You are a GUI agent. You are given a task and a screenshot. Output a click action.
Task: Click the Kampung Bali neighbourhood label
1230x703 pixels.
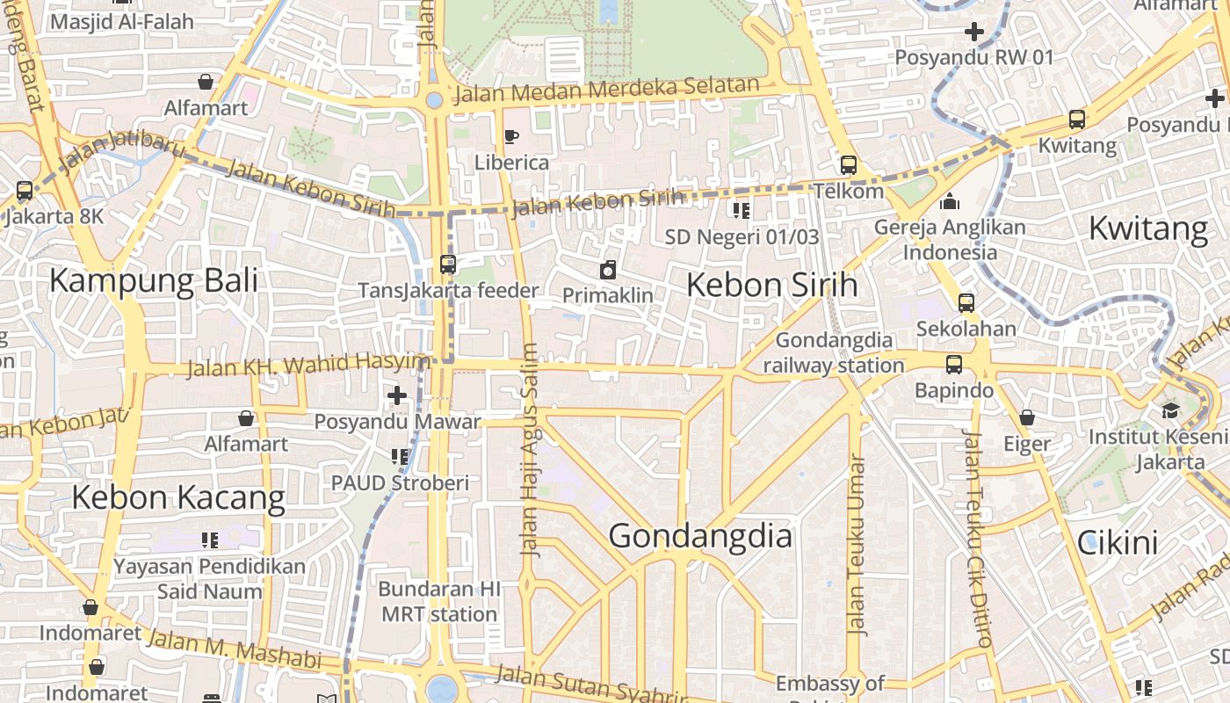154,281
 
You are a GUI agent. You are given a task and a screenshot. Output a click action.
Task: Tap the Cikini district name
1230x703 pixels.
1118,543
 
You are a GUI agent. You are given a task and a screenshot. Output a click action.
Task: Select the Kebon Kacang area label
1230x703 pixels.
178,497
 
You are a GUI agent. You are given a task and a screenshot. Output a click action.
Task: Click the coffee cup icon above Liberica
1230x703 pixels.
511,136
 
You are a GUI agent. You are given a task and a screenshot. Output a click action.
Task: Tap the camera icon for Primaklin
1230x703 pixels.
607,270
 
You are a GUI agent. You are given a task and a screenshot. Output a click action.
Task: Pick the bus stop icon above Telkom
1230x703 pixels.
848,164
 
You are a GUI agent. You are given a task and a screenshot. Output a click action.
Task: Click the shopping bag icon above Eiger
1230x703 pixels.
1026,417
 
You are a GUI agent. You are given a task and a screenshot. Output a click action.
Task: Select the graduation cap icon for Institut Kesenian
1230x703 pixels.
1170,410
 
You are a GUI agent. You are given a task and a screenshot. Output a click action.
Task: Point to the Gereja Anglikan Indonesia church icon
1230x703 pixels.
949,201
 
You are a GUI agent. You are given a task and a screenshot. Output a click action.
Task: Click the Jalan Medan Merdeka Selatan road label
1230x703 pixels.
605,90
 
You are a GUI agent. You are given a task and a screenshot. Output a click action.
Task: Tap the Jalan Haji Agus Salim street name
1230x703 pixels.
530,448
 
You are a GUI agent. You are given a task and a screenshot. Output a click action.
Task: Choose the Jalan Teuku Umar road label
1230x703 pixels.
857,545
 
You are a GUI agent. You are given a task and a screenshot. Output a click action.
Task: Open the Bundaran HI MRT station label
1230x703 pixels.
439,601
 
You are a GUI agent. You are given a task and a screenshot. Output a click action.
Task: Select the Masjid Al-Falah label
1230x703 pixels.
121,21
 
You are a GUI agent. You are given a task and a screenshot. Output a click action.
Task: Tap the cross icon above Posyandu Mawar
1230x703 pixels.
397,395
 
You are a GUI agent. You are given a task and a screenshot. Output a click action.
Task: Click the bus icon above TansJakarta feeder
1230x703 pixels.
447,264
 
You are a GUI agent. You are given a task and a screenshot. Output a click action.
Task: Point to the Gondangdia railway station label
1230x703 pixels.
834,352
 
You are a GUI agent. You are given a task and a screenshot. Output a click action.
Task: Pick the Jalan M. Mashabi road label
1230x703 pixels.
233,650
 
